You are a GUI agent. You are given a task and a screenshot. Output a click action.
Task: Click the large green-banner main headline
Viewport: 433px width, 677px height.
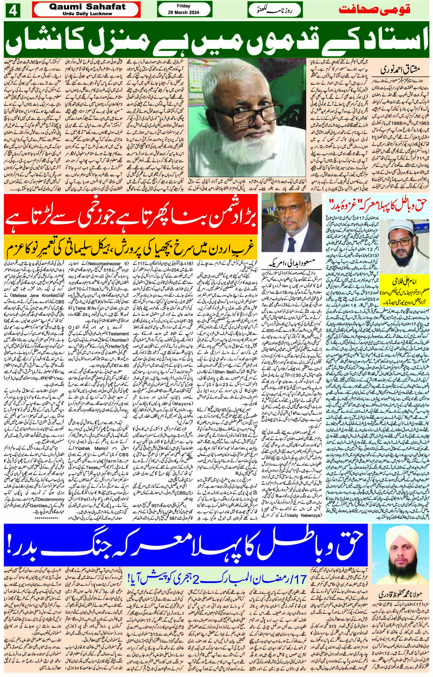click(x=216, y=40)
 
